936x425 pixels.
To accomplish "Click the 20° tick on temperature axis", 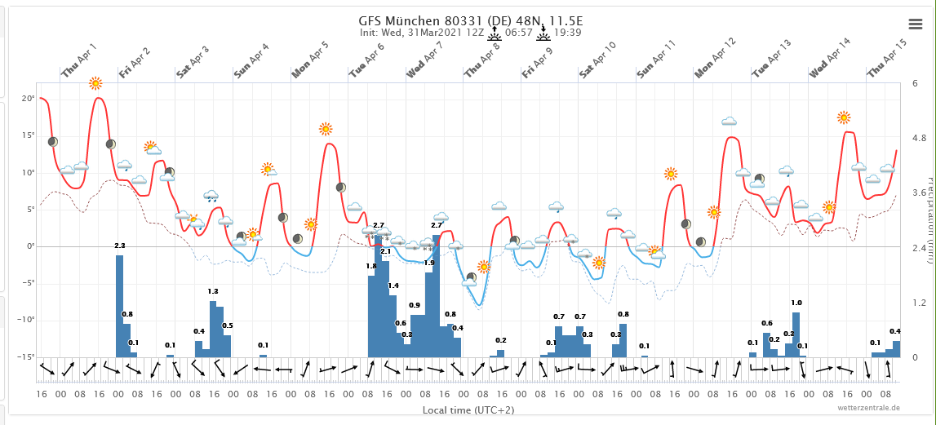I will pyautogui.click(x=28, y=99).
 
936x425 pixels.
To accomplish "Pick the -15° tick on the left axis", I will pyautogui.click(x=25, y=356).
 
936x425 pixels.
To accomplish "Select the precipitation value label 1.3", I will pyautogui.click(x=213, y=291).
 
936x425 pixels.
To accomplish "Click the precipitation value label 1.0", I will pyautogui.click(x=796, y=303).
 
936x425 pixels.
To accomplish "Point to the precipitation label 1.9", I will pyautogui.click(x=429, y=263).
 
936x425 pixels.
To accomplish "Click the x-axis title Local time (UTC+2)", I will pyautogui.click(x=468, y=409).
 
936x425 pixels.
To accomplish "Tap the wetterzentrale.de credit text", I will pyautogui.click(x=868, y=406).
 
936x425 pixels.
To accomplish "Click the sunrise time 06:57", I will pyautogui.click(x=518, y=33).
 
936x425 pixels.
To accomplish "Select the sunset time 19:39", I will pyautogui.click(x=567, y=33).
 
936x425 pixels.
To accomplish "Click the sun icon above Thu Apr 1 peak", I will pyautogui.click(x=95, y=83).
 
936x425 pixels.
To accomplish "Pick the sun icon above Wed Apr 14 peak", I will pyautogui.click(x=844, y=117).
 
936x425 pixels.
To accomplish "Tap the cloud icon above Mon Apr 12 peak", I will pyautogui.click(x=729, y=122).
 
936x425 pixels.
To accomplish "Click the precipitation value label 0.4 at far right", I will pyautogui.click(x=895, y=330).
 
